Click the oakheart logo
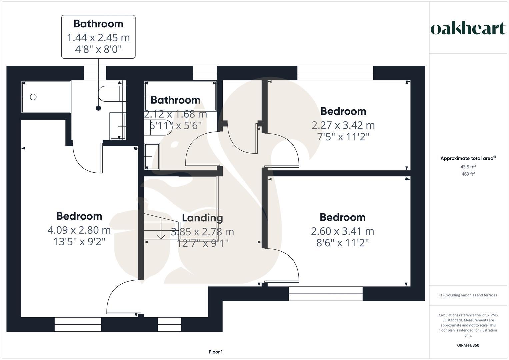pyautogui.click(x=468, y=29)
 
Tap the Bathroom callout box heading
pyautogui.click(x=98, y=24)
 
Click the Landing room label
pyautogui.click(x=202, y=218)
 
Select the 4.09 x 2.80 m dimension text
pyautogui.click(x=79, y=230)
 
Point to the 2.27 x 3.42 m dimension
pyautogui.click(x=343, y=125)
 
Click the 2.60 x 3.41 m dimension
pyautogui.click(x=342, y=231)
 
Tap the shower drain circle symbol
pyautogui.click(x=33, y=97)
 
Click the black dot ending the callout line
pyautogui.click(x=98, y=108)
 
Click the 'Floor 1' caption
pyautogui.click(x=216, y=352)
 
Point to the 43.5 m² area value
pyautogui.click(x=468, y=167)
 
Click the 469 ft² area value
pyautogui.click(x=468, y=174)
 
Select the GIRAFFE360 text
pyautogui.click(x=468, y=345)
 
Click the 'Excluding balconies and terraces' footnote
pyautogui.click(x=468, y=295)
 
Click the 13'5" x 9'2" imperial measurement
pyautogui.click(x=79, y=242)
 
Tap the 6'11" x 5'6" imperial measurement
pyautogui.click(x=176, y=126)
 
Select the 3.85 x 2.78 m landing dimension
pyautogui.click(x=202, y=232)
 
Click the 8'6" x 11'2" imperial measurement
pyautogui.click(x=342, y=243)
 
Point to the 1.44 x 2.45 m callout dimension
pyautogui.click(x=98, y=38)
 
